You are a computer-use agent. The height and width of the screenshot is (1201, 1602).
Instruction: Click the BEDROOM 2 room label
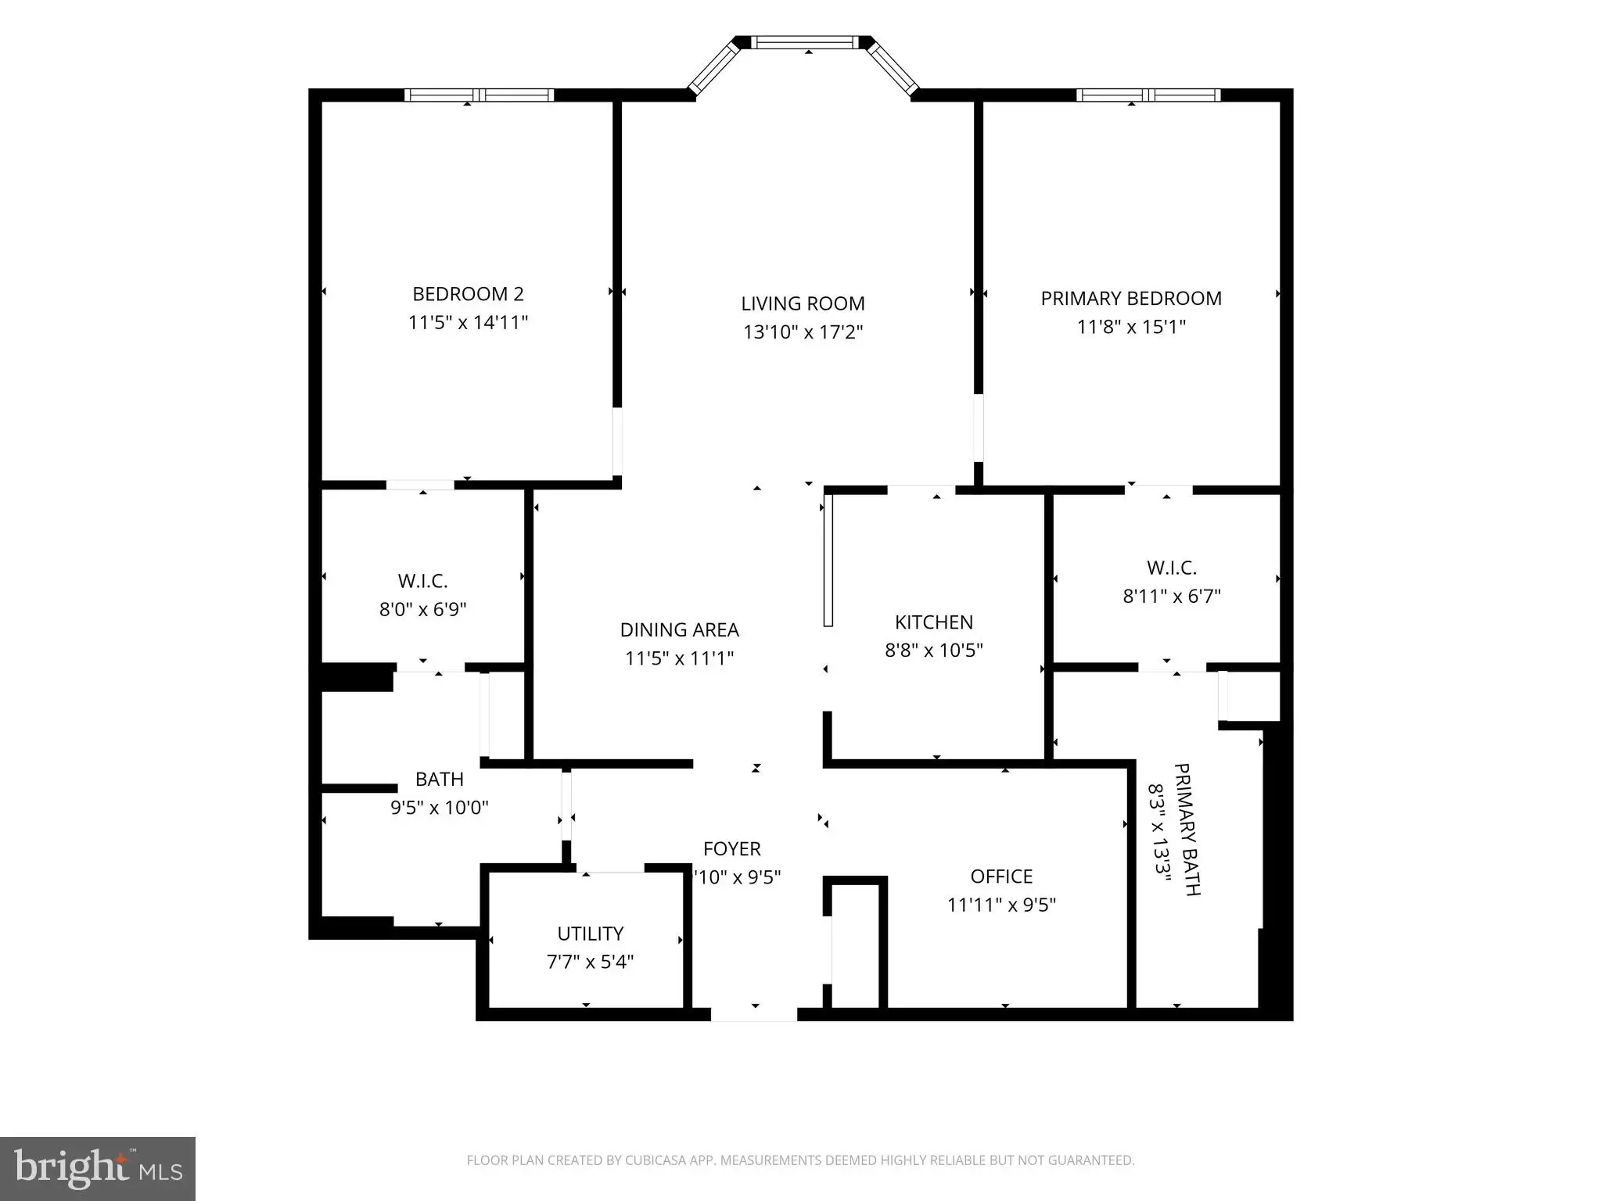click(468, 294)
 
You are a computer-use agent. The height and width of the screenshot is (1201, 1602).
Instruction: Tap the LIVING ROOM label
click(803, 303)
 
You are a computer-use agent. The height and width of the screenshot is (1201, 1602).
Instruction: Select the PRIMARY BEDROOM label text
click(1131, 298)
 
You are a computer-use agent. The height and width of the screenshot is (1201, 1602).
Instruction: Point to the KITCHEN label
click(934, 622)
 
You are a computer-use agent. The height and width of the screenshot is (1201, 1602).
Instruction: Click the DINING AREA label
click(679, 629)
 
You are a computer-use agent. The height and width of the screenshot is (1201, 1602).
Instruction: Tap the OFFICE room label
click(1001, 876)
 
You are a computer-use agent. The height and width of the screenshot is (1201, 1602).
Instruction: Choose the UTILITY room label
click(590, 933)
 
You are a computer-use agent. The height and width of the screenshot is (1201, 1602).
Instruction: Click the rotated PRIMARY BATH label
click(1187, 829)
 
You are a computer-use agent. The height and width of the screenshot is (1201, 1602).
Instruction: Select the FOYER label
click(731, 848)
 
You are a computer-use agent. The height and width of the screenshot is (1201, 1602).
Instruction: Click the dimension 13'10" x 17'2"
click(803, 332)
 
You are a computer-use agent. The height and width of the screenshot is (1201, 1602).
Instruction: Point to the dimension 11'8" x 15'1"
click(1131, 327)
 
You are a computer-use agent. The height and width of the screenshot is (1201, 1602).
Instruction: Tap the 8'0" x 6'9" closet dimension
click(422, 609)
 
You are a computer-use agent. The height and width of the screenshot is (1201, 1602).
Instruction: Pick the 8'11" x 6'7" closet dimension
click(1172, 596)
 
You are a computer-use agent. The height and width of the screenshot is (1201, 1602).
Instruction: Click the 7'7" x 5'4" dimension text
click(590, 961)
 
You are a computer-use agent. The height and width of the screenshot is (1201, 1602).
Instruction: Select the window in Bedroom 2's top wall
click(479, 95)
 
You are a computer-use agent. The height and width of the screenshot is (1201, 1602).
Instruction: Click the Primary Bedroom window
click(1148, 95)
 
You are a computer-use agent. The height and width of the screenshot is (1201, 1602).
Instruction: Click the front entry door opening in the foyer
click(754, 1014)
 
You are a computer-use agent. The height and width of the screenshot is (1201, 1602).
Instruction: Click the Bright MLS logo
click(98, 1169)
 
